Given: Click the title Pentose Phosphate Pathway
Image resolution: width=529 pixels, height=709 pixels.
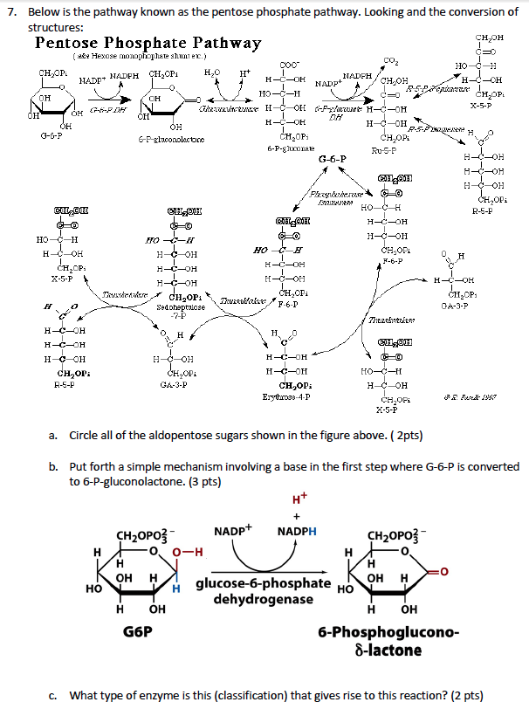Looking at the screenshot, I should pyautogui.click(x=148, y=44).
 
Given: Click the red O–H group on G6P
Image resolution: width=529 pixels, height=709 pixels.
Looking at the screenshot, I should pyautogui.click(x=187, y=551).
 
